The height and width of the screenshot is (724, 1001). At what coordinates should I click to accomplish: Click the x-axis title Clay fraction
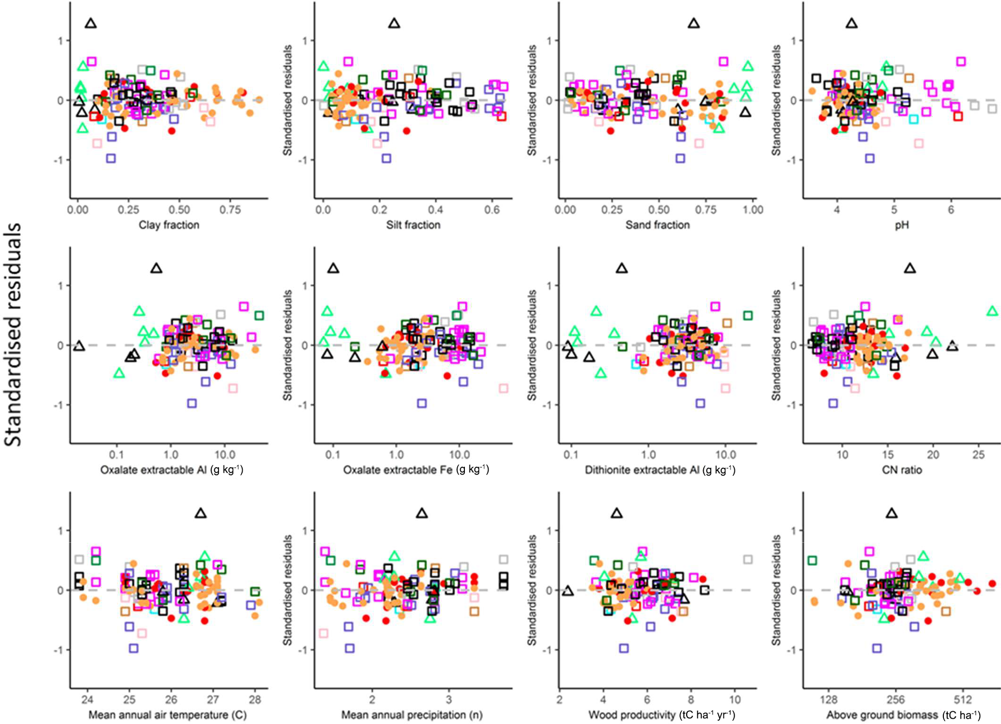tap(169, 225)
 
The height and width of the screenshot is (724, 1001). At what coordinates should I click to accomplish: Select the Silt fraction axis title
tap(413, 225)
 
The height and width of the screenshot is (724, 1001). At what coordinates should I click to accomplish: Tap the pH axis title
tap(901, 225)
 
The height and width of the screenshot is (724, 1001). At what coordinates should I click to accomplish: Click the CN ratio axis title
tap(902, 470)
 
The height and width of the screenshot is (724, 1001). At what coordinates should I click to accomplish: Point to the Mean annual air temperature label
tap(168, 715)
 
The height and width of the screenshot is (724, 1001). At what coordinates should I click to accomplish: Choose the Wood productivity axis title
tap(662, 715)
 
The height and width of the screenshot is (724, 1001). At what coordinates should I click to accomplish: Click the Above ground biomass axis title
tap(903, 715)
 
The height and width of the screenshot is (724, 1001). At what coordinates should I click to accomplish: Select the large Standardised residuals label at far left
tap(13, 334)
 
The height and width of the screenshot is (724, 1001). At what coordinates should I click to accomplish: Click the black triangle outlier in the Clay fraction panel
tap(91, 23)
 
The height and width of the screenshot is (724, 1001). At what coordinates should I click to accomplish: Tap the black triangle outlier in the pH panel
tap(851, 23)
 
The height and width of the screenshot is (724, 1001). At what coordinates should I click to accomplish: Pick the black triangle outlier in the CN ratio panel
tap(910, 268)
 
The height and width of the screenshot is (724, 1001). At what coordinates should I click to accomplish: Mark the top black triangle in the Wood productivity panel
tap(616, 513)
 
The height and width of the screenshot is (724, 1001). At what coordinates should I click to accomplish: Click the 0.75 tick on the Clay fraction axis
tap(230, 210)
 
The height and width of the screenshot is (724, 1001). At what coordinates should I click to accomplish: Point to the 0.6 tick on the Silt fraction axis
tap(492, 210)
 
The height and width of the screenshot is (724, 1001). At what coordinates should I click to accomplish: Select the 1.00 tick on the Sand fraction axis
tap(753, 210)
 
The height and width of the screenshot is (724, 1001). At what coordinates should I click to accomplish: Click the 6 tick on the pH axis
tap(951, 210)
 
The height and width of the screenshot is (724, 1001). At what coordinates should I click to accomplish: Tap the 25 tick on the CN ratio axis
tap(979, 455)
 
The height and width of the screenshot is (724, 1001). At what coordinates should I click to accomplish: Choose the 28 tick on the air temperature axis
tap(255, 700)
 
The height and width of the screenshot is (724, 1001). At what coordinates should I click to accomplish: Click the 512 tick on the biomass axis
tap(963, 700)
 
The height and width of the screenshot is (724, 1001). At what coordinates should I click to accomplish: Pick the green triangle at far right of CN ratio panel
tap(992, 311)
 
